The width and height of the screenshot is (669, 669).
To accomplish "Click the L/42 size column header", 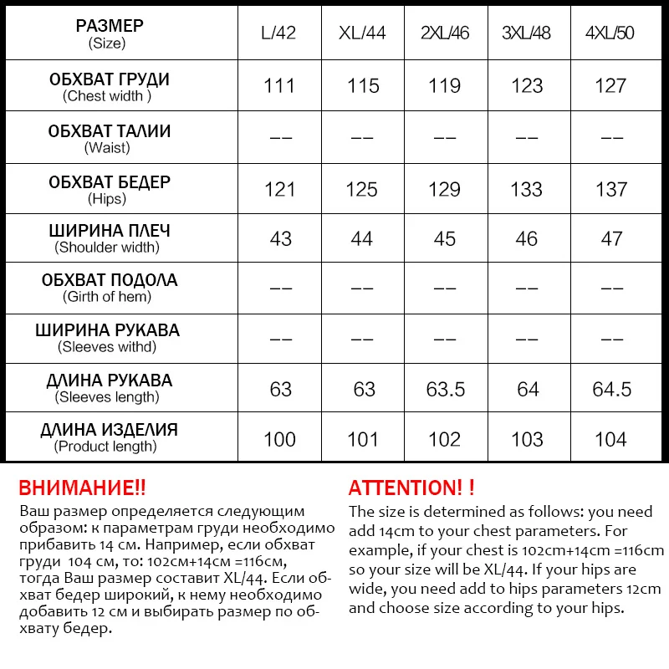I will [279, 34].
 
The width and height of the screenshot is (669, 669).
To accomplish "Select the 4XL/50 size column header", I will [610, 34].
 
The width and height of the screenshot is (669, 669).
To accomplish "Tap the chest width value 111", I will [279, 86].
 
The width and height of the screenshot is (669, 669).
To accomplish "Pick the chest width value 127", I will [610, 86].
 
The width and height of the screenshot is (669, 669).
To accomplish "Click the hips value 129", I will [444, 189].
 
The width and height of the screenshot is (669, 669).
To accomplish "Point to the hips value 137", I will [610, 189].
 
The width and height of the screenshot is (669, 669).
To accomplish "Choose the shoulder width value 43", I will [280, 239].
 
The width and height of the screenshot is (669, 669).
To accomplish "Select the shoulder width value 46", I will [527, 239].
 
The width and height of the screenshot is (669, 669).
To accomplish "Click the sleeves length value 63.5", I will [444, 389].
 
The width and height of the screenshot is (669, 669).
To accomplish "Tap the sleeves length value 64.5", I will [610, 389].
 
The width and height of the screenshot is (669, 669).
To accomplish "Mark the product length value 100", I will [279, 439].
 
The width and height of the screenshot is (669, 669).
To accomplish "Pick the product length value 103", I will [527, 439].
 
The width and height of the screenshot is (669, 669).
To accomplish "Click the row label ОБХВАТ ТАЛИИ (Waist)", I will [109, 139].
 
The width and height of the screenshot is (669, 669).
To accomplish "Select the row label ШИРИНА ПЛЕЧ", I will [109, 231].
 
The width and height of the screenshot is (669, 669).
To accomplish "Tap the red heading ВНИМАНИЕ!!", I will [82, 488].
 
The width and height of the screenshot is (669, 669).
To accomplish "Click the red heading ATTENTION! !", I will [411, 488].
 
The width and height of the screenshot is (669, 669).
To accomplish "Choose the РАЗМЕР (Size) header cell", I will [109, 33].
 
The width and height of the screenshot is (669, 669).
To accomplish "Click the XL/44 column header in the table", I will [362, 34].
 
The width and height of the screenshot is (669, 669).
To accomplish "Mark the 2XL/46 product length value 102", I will [444, 439].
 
